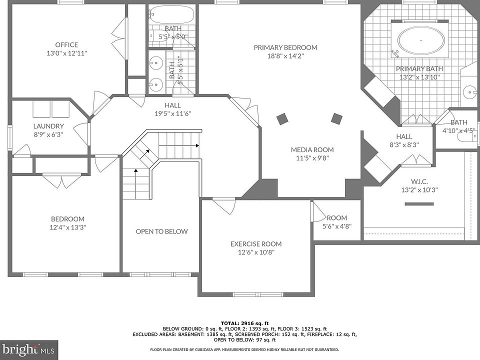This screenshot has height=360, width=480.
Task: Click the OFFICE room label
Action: click(x=66, y=44)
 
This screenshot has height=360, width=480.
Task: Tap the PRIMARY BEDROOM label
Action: click(x=285, y=47)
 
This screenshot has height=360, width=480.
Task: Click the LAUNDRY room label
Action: click(x=48, y=126)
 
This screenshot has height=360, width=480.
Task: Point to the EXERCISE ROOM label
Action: click(x=256, y=244)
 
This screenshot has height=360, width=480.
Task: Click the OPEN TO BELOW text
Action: click(x=161, y=231)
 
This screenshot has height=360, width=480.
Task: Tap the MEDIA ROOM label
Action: click(x=312, y=149)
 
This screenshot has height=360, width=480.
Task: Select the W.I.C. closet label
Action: click(x=419, y=181)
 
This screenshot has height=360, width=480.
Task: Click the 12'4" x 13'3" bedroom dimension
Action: click(x=67, y=227)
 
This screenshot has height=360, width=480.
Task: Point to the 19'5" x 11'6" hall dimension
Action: click(x=172, y=113)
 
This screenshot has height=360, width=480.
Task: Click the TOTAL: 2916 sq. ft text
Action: click(x=244, y=323)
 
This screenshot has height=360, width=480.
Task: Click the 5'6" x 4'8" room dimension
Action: click(x=336, y=226)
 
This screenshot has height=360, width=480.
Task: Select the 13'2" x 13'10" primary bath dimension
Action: click(x=419, y=77)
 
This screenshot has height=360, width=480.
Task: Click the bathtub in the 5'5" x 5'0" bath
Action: click(x=171, y=14)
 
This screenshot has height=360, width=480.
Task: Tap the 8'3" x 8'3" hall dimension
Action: click(x=404, y=145)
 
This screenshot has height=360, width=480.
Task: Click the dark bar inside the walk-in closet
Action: click(x=419, y=204)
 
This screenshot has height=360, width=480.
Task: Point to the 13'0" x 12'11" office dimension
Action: click(x=66, y=53)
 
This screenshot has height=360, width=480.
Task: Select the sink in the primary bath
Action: click(x=470, y=91)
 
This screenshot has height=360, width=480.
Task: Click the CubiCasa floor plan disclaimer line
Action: click(x=244, y=349)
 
